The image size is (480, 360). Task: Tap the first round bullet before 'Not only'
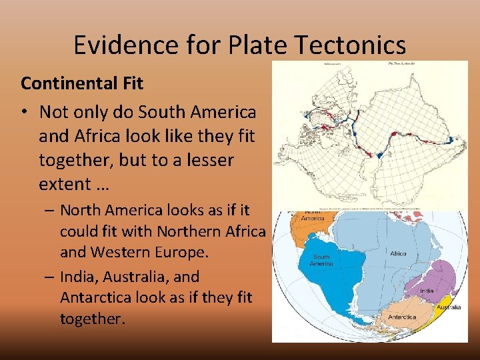tap(26, 111)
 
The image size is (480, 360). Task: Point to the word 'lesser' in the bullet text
tap(206, 160)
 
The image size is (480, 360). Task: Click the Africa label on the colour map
tap(398, 253)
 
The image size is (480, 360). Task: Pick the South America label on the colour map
tap(321, 260)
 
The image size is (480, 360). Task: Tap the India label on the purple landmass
tap(427, 291)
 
